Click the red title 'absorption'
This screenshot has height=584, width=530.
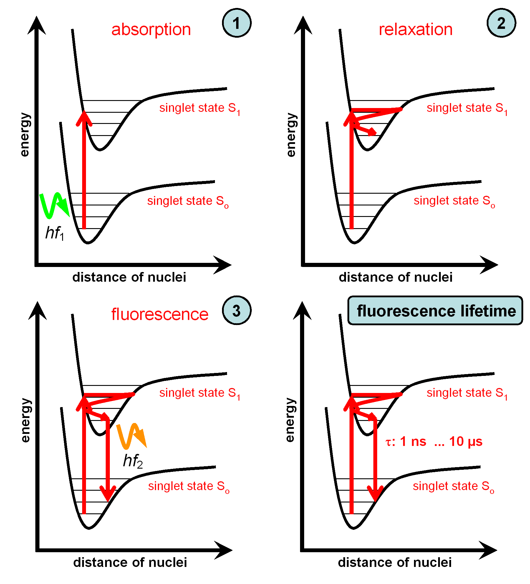click(x=151, y=30)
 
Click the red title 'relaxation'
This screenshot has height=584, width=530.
click(x=415, y=29)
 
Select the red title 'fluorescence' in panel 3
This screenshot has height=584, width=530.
click(x=160, y=314)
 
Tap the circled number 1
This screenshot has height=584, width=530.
click(x=237, y=23)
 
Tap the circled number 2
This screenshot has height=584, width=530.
click(x=501, y=23)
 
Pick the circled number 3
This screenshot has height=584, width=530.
click(x=237, y=310)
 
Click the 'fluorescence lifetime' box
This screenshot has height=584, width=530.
click(x=435, y=311)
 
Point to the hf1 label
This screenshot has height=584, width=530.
click(x=55, y=233)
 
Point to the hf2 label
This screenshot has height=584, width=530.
click(x=133, y=461)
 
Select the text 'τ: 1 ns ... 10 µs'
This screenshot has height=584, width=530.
click(x=434, y=442)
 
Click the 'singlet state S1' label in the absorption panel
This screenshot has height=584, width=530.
click(x=200, y=109)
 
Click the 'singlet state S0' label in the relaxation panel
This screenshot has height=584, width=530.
click(x=454, y=201)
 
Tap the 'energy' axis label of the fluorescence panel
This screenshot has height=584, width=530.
click(x=26, y=420)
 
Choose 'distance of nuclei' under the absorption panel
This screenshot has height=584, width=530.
click(x=129, y=277)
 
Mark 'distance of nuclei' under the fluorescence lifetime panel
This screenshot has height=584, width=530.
click(x=395, y=562)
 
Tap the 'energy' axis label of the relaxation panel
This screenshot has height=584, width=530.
click(x=291, y=135)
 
